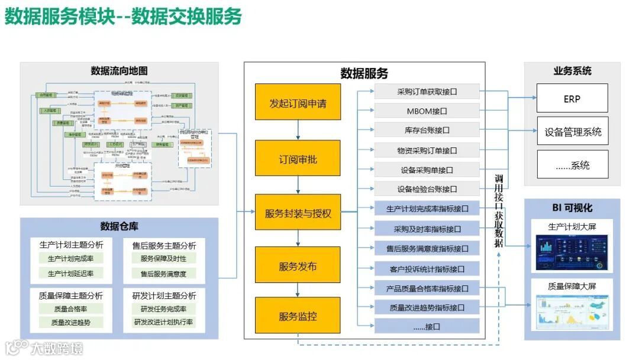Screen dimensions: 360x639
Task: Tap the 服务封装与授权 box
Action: click(x=298, y=212)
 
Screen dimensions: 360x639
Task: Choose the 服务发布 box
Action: click(x=298, y=266)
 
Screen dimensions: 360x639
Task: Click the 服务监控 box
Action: click(x=298, y=316)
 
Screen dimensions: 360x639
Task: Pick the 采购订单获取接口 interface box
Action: click(x=427, y=92)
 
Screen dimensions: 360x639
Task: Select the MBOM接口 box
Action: click(x=427, y=111)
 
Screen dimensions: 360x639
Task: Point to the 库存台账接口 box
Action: click(x=427, y=130)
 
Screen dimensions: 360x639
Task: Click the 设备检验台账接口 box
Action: click(x=427, y=189)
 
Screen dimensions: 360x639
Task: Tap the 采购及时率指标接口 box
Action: click(x=427, y=229)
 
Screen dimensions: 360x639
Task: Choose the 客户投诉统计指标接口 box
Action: click(x=427, y=269)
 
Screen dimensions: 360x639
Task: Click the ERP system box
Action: click(x=572, y=99)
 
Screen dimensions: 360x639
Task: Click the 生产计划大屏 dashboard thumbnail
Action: click(x=572, y=253)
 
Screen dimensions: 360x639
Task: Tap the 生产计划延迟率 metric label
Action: click(x=71, y=274)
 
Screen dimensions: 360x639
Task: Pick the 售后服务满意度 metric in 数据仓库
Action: click(x=163, y=274)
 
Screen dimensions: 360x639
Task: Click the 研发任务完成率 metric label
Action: click(x=163, y=309)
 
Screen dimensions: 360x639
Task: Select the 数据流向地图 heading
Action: click(x=119, y=71)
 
